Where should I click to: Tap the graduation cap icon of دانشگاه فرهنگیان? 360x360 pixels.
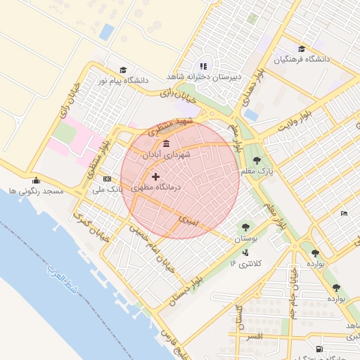click(302, 49)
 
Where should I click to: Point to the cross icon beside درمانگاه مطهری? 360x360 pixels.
click(155, 176)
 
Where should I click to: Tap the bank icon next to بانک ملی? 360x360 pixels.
click(107, 179)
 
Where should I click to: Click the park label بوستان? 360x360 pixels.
click(245, 239)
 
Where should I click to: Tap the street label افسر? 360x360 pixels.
click(250, 337)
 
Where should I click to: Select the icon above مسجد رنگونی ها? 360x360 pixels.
click(36, 179)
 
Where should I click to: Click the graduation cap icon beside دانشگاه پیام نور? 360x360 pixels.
click(123, 70)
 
